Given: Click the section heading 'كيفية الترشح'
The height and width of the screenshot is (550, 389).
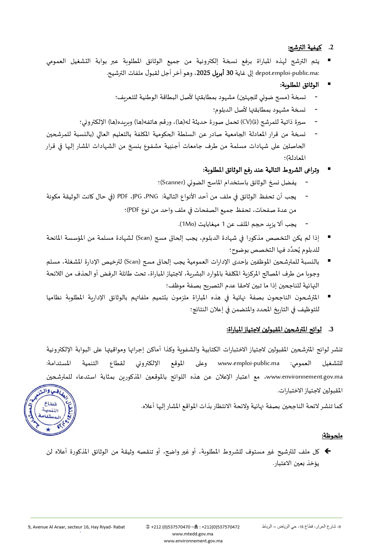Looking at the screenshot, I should pos(305,48).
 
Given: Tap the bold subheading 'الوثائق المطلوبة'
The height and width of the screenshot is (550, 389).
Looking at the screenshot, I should pos(299,85).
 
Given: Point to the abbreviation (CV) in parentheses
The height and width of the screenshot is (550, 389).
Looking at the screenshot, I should pos(246,122).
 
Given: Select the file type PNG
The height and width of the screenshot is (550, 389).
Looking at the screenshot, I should pos(152,196).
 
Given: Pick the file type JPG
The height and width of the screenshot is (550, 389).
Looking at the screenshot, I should pos(137,196).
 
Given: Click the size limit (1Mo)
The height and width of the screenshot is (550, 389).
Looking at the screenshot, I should pos(188,224).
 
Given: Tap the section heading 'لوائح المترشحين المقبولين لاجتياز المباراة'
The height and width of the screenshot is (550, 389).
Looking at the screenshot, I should pos(274,329).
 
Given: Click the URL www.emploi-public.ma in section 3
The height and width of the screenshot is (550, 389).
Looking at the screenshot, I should pos(249,363).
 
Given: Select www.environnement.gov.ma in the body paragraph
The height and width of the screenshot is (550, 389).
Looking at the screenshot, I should pos(304,377).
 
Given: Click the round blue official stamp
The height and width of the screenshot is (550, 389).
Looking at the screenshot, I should pos(50,410).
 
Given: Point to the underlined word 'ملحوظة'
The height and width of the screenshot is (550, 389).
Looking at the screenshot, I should pos(332,436).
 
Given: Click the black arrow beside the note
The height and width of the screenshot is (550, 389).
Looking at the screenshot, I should pos(328,451).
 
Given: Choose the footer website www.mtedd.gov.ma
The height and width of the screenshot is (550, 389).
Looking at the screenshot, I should pos(192,534).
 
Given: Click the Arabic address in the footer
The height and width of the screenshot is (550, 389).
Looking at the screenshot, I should pos(301,526).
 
